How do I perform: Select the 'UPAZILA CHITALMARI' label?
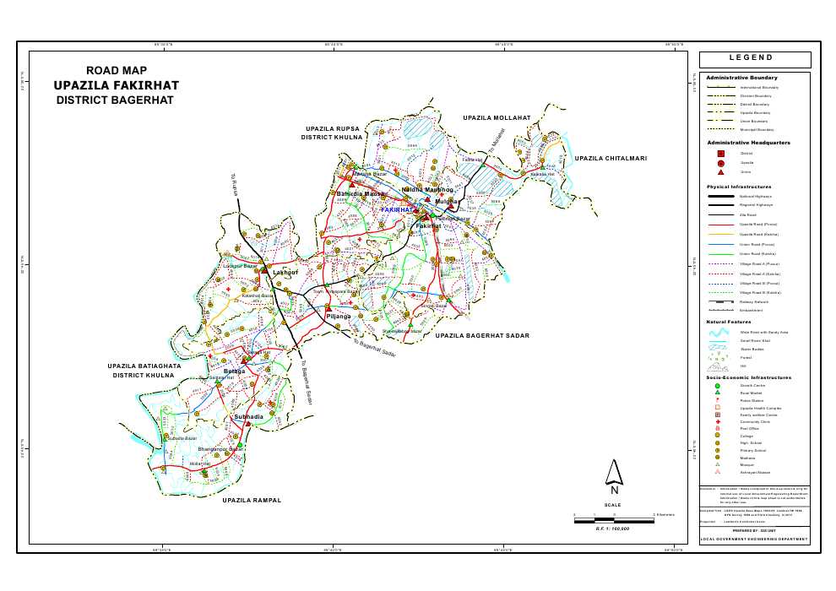[611, 158]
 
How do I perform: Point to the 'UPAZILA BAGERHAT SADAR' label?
[482, 336]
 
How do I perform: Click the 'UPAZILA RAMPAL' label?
[251, 501]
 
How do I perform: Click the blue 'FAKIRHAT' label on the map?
[396, 209]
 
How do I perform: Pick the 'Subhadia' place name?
[248, 417]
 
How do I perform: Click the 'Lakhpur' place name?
[285, 273]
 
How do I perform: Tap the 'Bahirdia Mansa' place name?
[361, 193]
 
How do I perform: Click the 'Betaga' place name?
[234, 371]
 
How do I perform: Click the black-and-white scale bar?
[614, 519]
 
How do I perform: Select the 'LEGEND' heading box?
[754, 59]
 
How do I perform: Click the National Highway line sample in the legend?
[720, 196]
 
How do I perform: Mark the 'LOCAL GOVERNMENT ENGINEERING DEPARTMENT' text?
[754, 538]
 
